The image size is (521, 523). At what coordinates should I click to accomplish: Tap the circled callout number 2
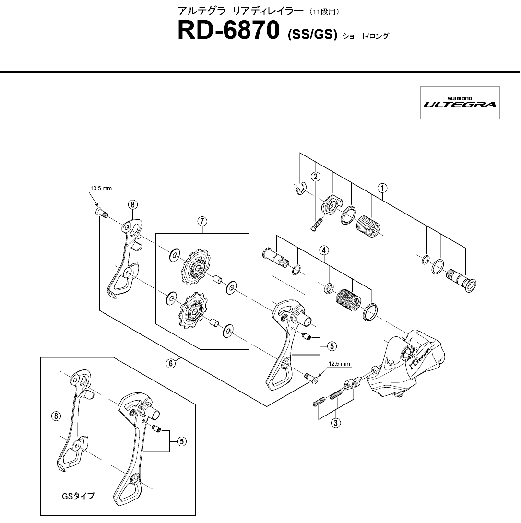coord(316,176)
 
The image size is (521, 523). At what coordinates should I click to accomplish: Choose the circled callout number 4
coord(325,250)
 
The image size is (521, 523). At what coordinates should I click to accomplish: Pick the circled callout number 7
coord(203,221)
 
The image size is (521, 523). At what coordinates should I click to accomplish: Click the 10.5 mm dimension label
coord(101,188)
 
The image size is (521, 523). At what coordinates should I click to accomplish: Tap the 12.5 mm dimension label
coord(340,363)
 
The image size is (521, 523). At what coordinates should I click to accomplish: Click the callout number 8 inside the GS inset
coord(56,416)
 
